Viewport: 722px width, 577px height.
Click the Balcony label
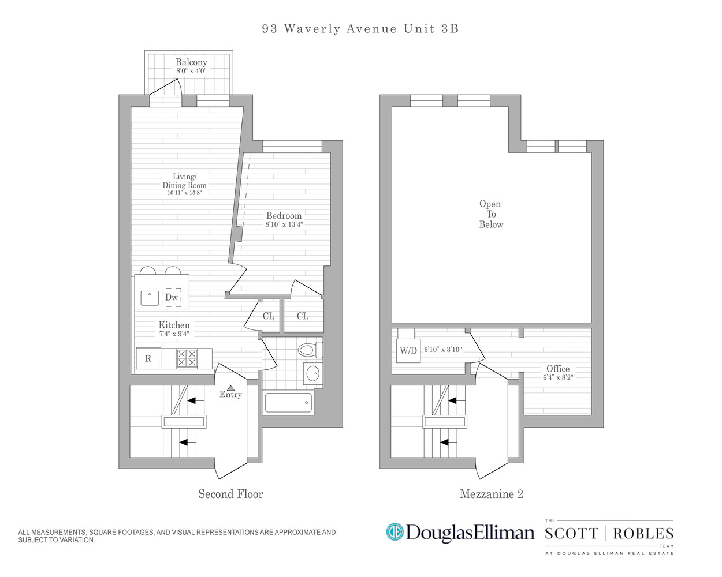coord(191,62)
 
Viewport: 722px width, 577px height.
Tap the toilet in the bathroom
coord(308,350)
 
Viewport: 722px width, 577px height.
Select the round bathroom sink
coord(312,373)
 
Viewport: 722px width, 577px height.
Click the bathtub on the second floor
coord(288,402)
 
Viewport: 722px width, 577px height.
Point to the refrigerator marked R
coord(148,358)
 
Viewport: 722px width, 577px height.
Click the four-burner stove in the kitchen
coord(187,358)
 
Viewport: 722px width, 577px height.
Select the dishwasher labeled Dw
coord(172,297)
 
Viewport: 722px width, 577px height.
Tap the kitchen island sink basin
coord(150,298)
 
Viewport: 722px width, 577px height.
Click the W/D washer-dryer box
coord(408,350)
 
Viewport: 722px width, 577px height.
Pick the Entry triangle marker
coord(230,388)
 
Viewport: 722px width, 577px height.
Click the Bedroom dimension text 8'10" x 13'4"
coord(284,224)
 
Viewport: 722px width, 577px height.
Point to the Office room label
coord(558,369)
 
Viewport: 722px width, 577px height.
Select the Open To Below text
coord(490,214)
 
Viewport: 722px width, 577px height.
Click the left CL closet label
coord(269,316)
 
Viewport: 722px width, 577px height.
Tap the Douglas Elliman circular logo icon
coord(395,532)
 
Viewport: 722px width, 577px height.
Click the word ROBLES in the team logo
coord(643,534)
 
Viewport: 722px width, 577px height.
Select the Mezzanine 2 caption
coord(491,494)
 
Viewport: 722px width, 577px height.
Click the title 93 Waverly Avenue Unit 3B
coord(360,29)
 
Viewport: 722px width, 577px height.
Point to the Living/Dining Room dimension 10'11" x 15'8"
coord(184,193)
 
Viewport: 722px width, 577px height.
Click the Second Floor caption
coord(230,494)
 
